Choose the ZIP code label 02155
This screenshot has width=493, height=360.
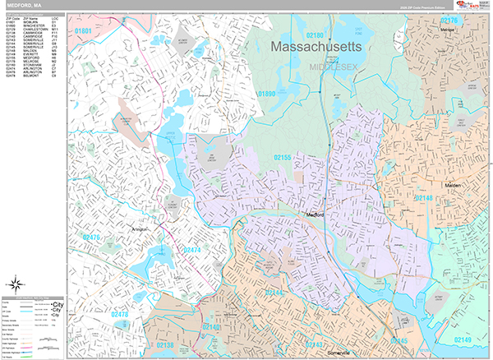click(x=282, y=156)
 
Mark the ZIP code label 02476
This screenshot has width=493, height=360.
click(x=92, y=238)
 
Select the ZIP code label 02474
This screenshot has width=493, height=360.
click(x=192, y=249)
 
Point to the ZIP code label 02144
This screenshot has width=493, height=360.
click(x=274, y=293)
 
